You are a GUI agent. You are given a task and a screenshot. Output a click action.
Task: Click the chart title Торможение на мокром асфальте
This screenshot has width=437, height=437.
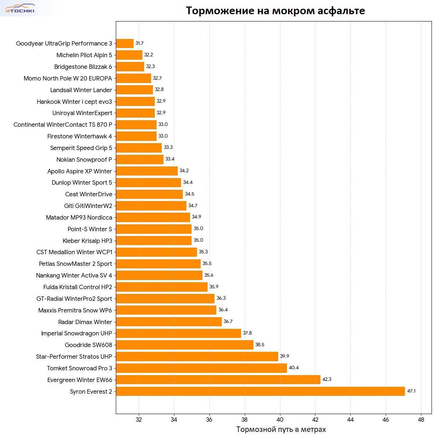275,11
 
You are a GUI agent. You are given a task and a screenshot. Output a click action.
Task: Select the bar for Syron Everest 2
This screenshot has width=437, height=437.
260,391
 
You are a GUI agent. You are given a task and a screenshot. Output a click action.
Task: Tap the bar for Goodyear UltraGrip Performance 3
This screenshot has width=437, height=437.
125,43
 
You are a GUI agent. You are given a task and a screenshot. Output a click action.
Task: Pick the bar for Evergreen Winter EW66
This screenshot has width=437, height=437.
218,380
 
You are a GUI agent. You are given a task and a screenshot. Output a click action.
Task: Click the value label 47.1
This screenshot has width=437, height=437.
411,391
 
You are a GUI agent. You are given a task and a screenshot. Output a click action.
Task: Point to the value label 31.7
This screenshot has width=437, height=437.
139,43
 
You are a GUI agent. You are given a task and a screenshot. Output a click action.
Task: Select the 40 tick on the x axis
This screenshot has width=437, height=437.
280,419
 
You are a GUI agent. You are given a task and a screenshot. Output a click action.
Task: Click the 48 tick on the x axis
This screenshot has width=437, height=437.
421,419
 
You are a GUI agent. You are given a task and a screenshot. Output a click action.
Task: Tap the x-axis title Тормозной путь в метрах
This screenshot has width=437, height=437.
281,430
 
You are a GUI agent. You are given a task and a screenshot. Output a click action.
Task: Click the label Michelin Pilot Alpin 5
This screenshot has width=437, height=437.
84,55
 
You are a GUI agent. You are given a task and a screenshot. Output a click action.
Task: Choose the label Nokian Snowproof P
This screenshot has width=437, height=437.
84,160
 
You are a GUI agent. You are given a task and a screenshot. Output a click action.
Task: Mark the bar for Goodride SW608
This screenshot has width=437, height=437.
185,345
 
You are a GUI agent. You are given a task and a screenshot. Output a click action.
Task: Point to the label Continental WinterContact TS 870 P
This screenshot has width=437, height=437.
63,125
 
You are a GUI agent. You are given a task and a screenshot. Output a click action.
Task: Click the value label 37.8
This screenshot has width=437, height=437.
247,333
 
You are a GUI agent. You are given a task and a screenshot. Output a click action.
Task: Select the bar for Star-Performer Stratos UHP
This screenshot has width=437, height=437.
197,357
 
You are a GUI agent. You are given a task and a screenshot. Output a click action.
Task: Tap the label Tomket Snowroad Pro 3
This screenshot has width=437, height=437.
79,368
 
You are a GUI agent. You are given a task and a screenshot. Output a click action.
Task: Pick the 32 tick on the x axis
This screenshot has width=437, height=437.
139,419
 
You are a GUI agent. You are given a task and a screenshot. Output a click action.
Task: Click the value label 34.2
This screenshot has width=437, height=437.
184,171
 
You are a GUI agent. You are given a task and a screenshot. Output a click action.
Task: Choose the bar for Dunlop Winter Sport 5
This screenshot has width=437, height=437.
149,182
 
